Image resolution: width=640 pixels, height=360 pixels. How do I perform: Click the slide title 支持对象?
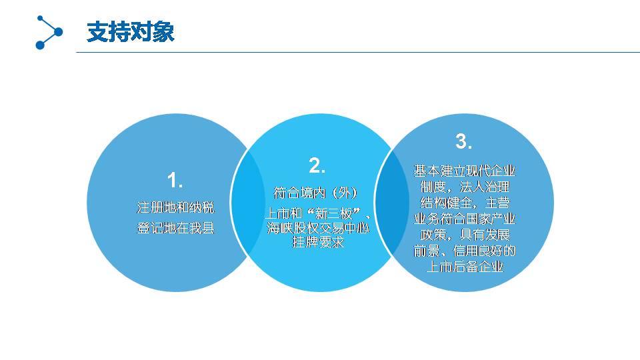[131, 32]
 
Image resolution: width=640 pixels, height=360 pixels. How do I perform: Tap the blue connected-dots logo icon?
[49, 32]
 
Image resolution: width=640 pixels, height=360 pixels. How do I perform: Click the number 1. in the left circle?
[175, 180]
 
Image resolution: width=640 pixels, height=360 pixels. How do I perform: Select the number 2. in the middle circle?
[317, 165]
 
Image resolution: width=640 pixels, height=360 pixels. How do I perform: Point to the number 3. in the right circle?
[464, 141]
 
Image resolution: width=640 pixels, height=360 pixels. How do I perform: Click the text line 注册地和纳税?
[175, 208]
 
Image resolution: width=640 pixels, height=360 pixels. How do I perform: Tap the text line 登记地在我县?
[175, 228]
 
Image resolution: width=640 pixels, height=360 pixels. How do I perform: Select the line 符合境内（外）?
[315, 193]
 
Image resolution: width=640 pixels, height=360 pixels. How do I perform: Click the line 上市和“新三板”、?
[317, 213]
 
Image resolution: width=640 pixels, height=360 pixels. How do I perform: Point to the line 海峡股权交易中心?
[318, 228]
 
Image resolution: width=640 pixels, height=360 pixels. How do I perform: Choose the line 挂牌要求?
[318, 242]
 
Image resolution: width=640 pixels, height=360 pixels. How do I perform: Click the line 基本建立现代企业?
[465, 171]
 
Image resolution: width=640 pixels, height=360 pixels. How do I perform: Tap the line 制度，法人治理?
[465, 187]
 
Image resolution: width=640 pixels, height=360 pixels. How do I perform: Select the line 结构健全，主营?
[465, 203]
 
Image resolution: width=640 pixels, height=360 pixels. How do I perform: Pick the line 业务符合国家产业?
[465, 219]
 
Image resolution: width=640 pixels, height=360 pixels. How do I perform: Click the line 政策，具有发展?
[465, 234]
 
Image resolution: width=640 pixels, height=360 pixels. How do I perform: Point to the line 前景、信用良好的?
[465, 250]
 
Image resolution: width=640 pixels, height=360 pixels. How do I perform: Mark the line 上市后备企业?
[465, 266]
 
